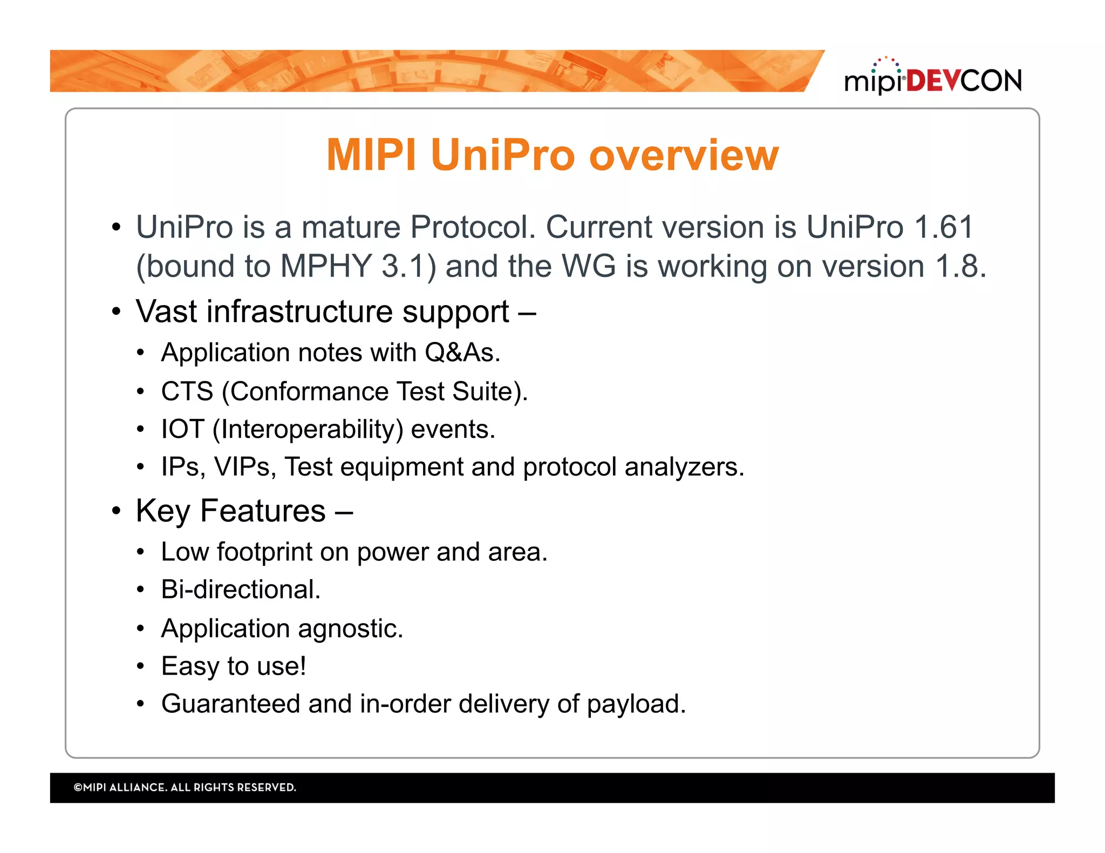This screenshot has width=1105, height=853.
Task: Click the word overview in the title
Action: [684, 155]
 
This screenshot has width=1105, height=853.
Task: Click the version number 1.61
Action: [944, 226]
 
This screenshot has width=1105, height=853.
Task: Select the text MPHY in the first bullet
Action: [325, 266]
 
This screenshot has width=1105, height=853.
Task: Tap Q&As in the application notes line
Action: [462, 353]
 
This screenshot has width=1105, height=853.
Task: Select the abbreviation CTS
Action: [187, 391]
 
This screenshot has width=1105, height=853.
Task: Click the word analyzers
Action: [684, 467]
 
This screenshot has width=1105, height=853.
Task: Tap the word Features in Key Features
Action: [263, 511]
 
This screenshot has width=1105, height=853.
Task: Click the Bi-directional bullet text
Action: [241, 589]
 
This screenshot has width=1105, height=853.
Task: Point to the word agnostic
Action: [350, 629]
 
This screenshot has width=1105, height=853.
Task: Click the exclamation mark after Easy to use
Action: [303, 666]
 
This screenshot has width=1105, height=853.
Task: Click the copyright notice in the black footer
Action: [185, 787]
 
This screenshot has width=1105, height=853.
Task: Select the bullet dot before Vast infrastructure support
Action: [116, 312]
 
